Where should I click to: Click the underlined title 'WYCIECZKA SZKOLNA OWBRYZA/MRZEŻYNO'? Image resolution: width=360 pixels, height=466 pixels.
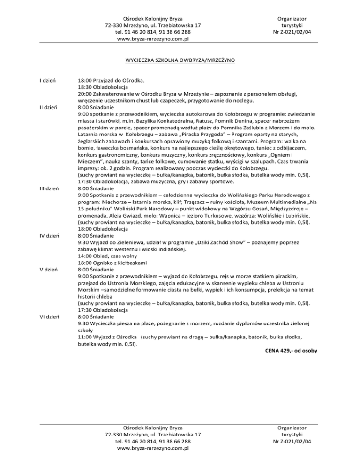click(180, 61)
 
